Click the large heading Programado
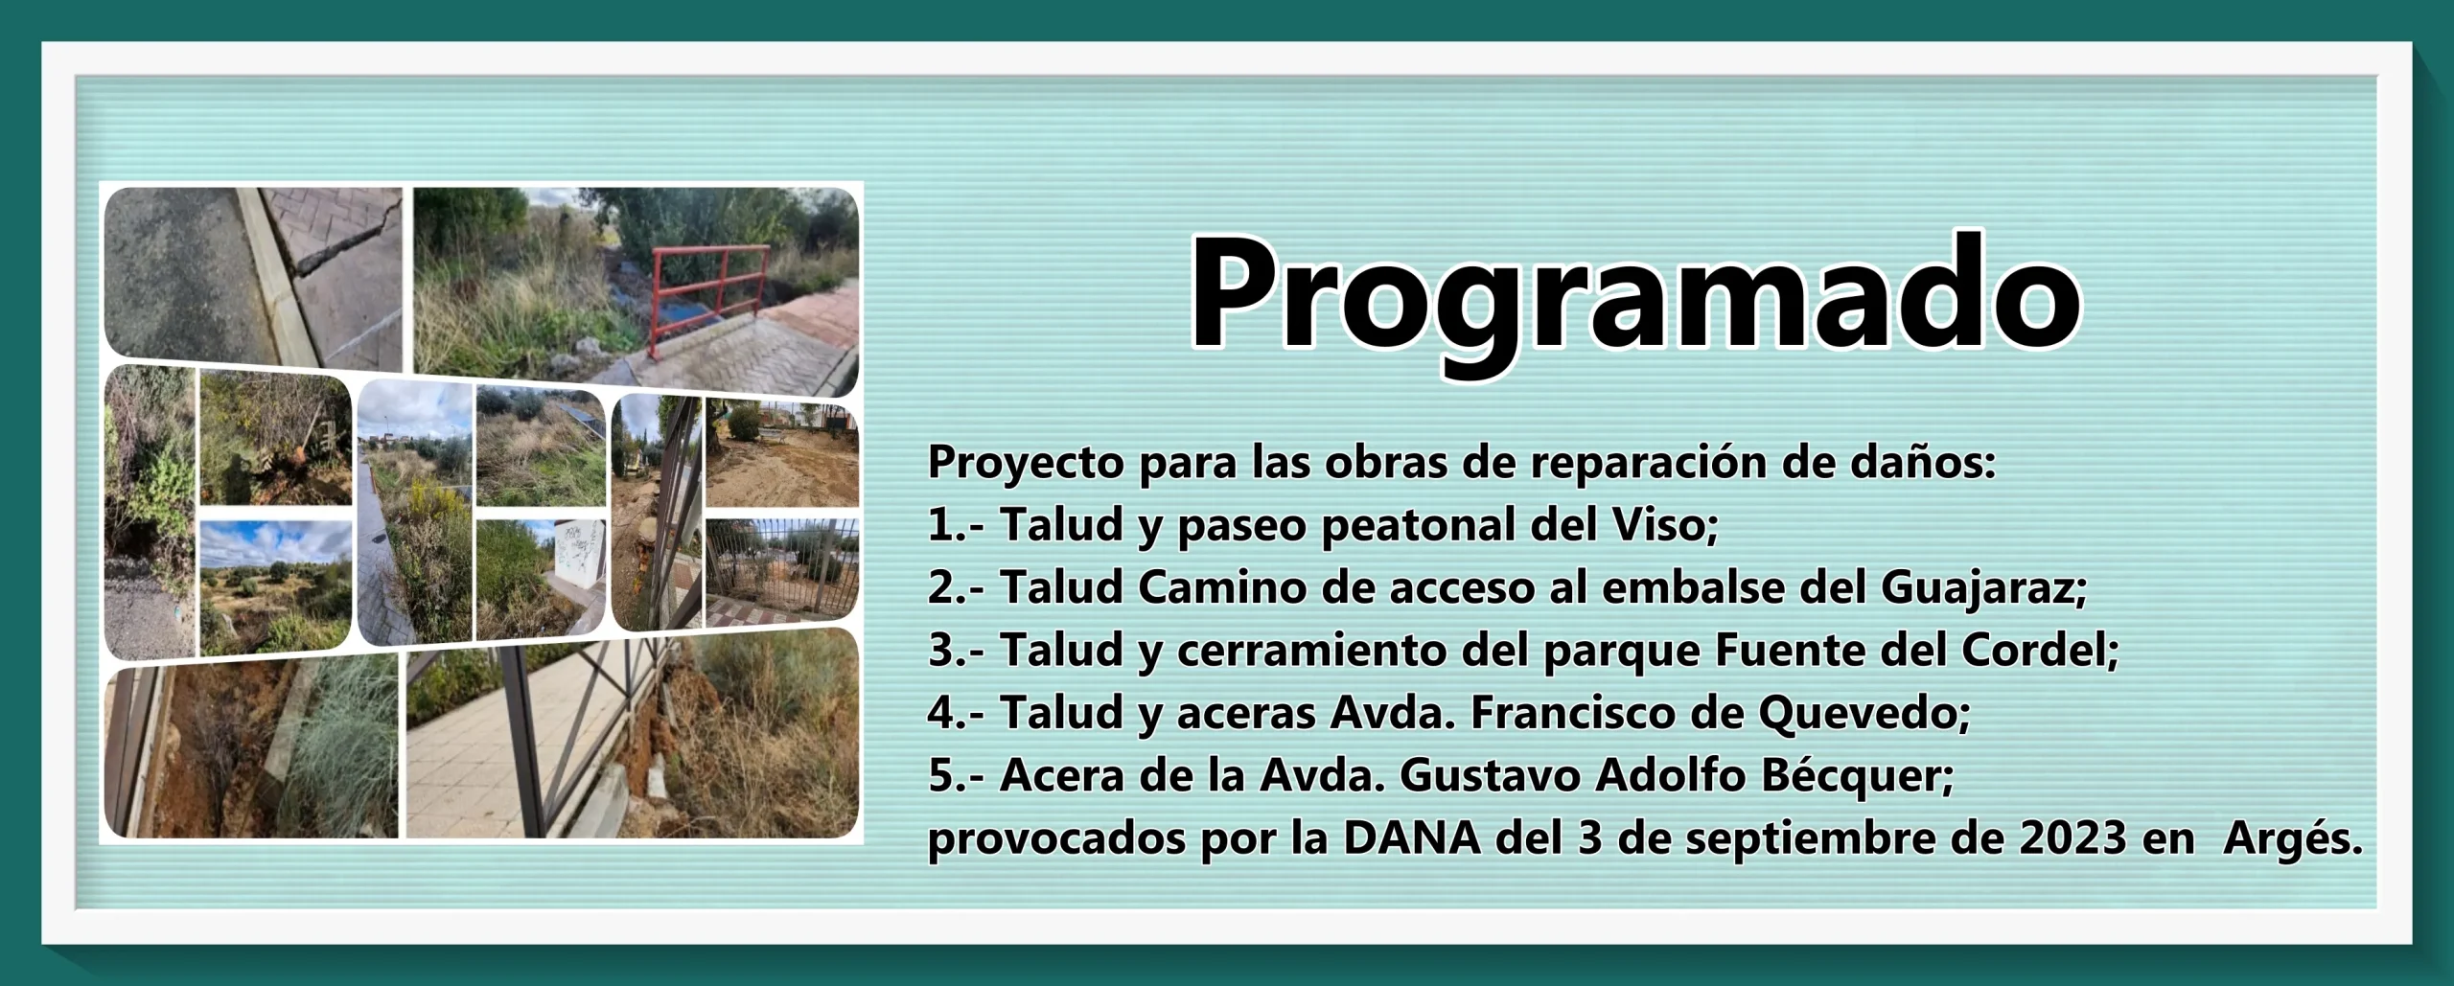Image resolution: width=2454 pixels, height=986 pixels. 1634,298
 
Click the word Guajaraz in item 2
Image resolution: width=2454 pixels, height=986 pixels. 1983,589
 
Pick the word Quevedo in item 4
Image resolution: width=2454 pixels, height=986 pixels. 1864,714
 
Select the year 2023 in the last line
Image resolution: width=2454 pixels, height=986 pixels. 2073,838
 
